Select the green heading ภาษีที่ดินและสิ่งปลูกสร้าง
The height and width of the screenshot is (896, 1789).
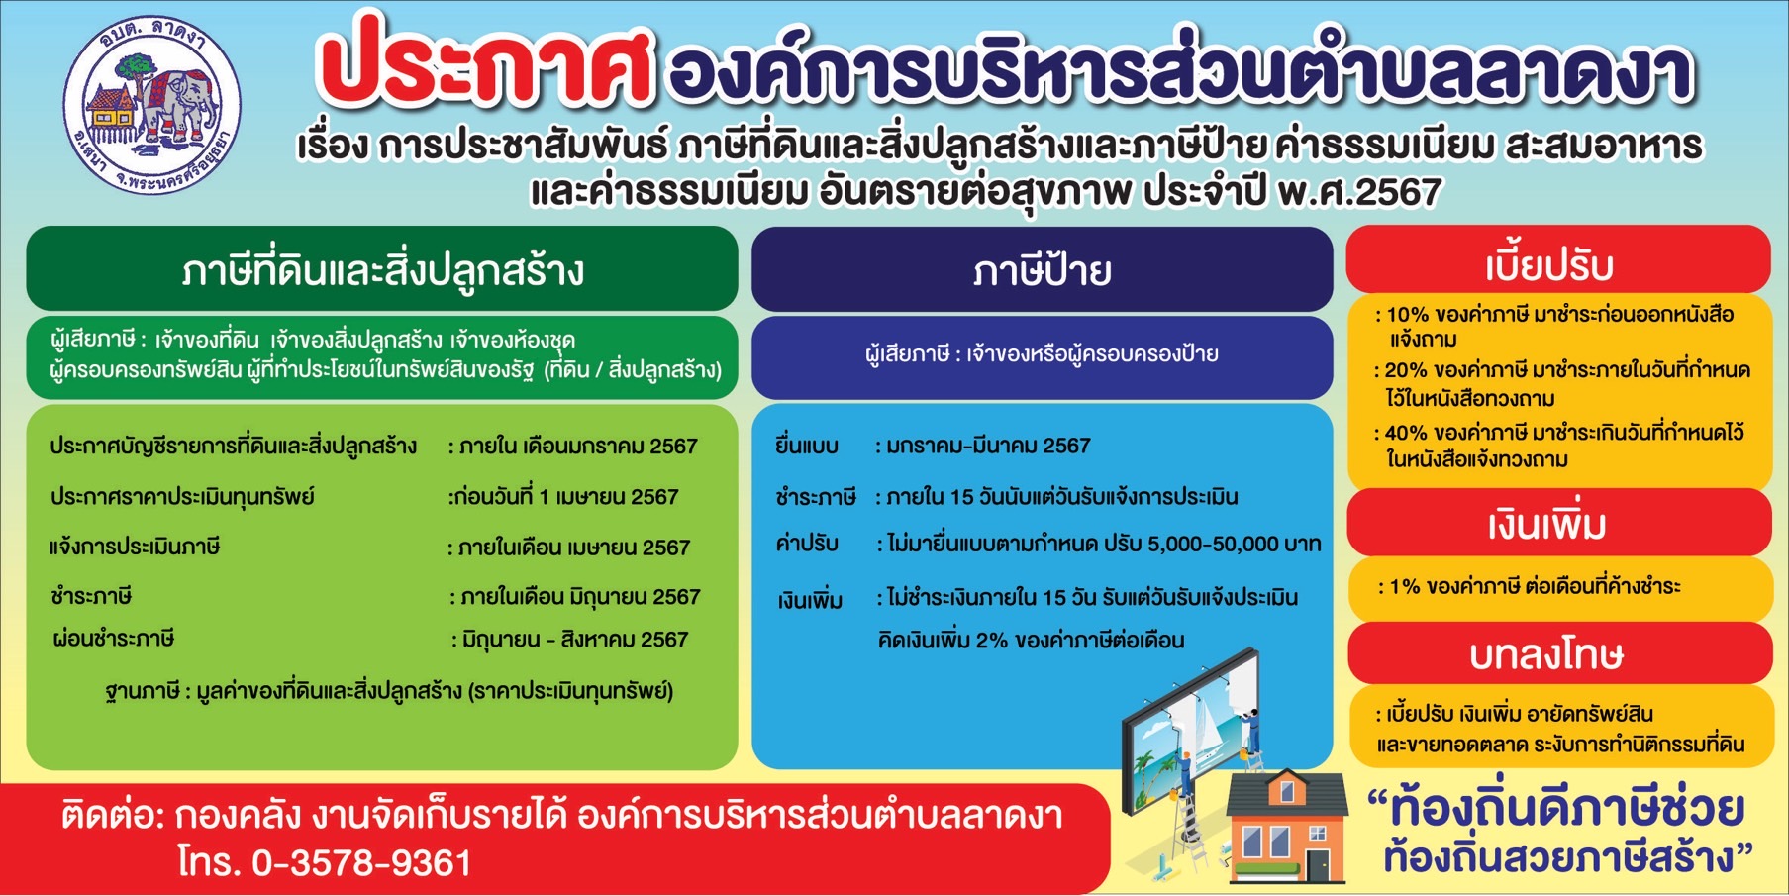pyautogui.click(x=382, y=269)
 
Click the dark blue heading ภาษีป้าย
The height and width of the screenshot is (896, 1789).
pyautogui.click(x=1042, y=269)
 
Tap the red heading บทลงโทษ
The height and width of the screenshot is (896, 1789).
pyautogui.click(x=1546, y=654)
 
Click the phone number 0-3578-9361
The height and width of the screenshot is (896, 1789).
pyautogui.click(x=362, y=862)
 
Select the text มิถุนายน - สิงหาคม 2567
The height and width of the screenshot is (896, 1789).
pyautogui.click(x=575, y=640)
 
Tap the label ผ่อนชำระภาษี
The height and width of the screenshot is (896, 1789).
pyautogui.click(x=113, y=639)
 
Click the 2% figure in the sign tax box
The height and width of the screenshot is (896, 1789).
pyautogui.click(x=993, y=640)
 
